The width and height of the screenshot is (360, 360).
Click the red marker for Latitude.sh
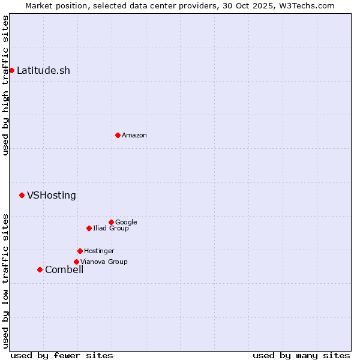11,70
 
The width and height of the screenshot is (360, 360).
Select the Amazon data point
118,135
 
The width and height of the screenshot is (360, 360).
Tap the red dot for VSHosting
22,195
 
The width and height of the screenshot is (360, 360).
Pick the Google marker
111,222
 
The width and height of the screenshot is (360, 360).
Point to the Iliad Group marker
89,228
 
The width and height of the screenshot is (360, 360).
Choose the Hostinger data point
80,251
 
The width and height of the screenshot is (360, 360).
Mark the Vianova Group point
76,262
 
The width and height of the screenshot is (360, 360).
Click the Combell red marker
40,269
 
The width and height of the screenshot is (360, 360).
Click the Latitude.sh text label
43,70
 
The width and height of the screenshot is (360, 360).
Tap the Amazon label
134,135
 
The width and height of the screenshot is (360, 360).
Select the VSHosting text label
52,195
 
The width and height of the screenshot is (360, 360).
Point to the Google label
126,222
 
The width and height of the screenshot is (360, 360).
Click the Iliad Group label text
111,228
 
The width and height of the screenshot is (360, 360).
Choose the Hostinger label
99,251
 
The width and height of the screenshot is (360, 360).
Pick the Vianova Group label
104,262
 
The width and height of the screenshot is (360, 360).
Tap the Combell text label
64,269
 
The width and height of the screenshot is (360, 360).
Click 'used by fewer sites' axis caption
62,355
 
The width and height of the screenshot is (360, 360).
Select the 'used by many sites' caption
301,355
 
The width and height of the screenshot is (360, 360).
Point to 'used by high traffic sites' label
5,85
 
